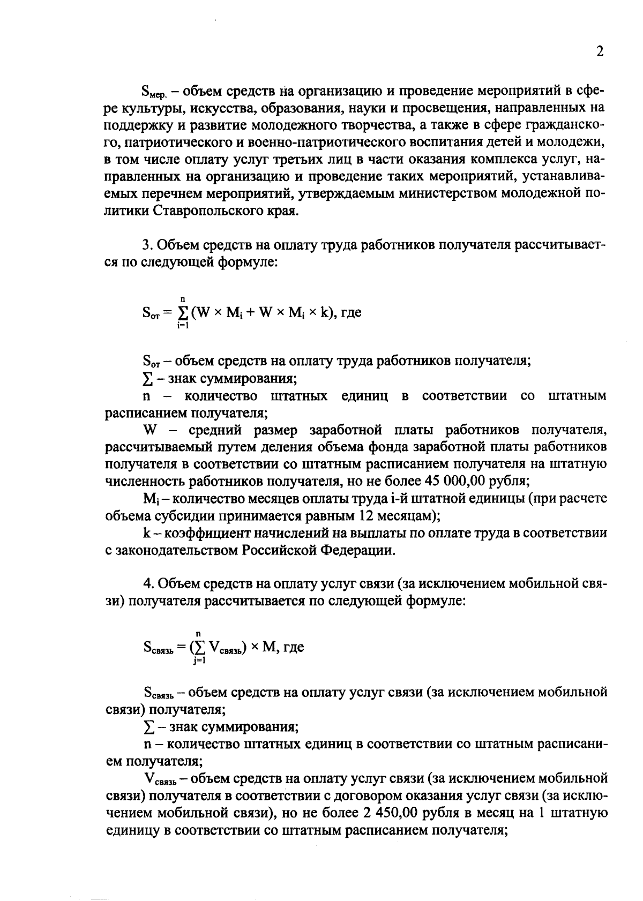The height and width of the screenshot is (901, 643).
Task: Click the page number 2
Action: click(x=600, y=52)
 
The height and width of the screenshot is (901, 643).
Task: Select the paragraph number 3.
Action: click(x=147, y=245)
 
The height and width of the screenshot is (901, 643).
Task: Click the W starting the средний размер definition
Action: click(x=148, y=430)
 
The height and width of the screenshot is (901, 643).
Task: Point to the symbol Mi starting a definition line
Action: click(x=149, y=499)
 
